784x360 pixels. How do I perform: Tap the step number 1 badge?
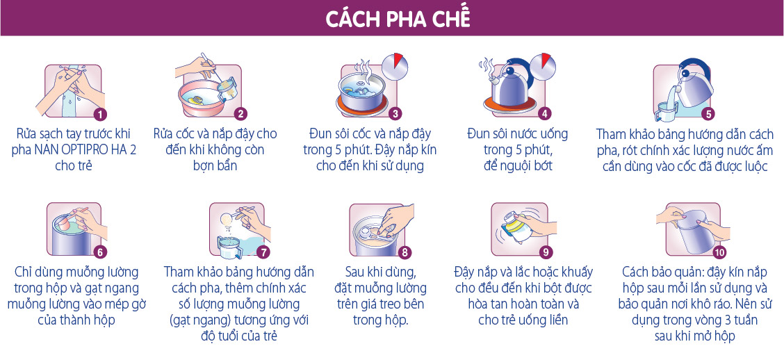click(x=101, y=115)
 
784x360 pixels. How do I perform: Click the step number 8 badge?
click(x=405, y=252)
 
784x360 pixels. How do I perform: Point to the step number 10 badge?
click(x=719, y=252)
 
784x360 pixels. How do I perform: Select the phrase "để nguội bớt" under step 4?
click(x=518, y=165)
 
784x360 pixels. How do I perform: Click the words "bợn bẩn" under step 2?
click(x=215, y=165)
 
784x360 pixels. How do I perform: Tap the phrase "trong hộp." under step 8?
click(x=381, y=320)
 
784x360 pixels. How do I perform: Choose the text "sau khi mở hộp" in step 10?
click(x=695, y=336)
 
